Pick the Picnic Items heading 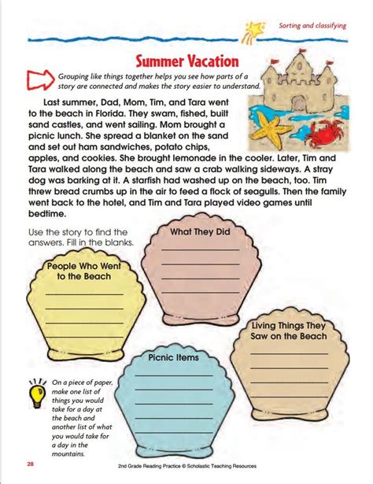pos(172,357)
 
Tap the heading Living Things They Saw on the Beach pos(289,330)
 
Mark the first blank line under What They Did pos(201,250)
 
